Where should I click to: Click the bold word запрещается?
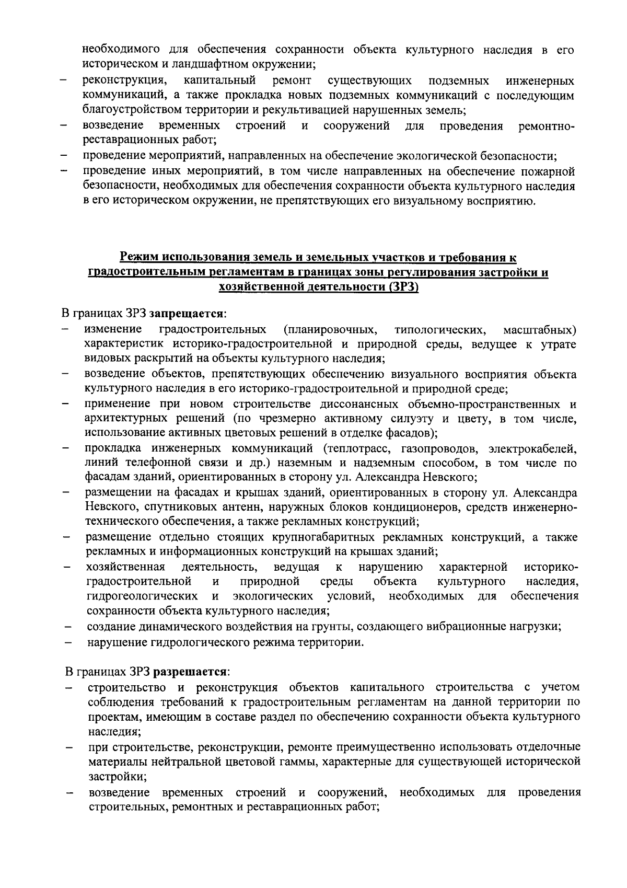187,314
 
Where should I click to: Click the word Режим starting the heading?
138,257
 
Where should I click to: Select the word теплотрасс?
358,448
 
